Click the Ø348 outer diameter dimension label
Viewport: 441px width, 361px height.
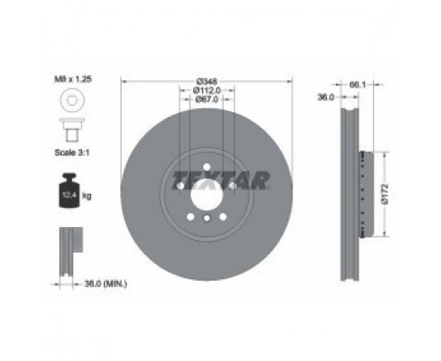pyautogui.click(x=207, y=81)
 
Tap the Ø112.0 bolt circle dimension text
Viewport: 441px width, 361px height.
pyautogui.click(x=207, y=91)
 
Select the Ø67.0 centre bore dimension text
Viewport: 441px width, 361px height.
pyautogui.click(x=207, y=99)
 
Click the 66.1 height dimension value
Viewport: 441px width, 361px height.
pyautogui.click(x=357, y=84)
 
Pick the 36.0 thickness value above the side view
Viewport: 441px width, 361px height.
pyautogui.click(x=326, y=97)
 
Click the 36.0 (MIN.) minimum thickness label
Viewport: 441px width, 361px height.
pyautogui.click(x=106, y=284)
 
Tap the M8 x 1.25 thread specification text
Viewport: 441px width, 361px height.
pyautogui.click(x=73, y=79)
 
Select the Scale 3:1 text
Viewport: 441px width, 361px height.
pyautogui.click(x=72, y=152)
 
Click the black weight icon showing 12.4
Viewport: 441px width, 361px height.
pyautogui.click(x=69, y=190)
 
